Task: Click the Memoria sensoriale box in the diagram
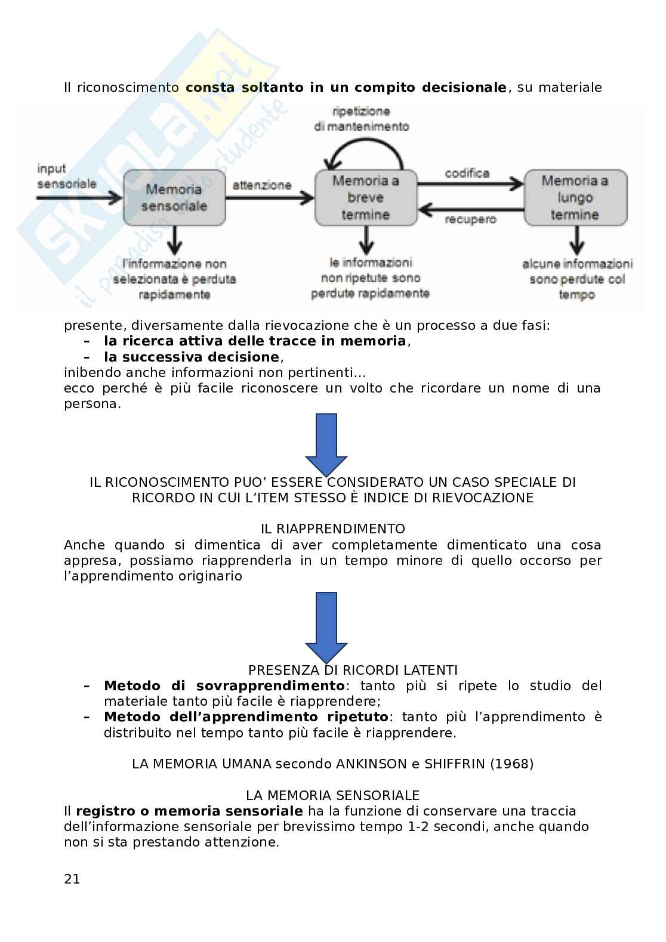(175, 197)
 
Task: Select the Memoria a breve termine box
(365, 197)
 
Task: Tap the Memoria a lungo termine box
(575, 197)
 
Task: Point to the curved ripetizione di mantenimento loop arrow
(365, 149)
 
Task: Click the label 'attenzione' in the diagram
(262, 185)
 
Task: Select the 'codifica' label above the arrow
(467, 173)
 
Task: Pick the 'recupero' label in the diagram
(470, 220)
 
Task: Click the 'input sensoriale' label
(66, 177)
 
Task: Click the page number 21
(72, 879)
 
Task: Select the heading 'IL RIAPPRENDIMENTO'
(333, 529)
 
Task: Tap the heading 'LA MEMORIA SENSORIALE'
(333, 795)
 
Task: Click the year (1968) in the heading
(511, 764)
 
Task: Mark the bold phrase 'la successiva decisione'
(192, 357)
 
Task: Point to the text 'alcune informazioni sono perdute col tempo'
(577, 279)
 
